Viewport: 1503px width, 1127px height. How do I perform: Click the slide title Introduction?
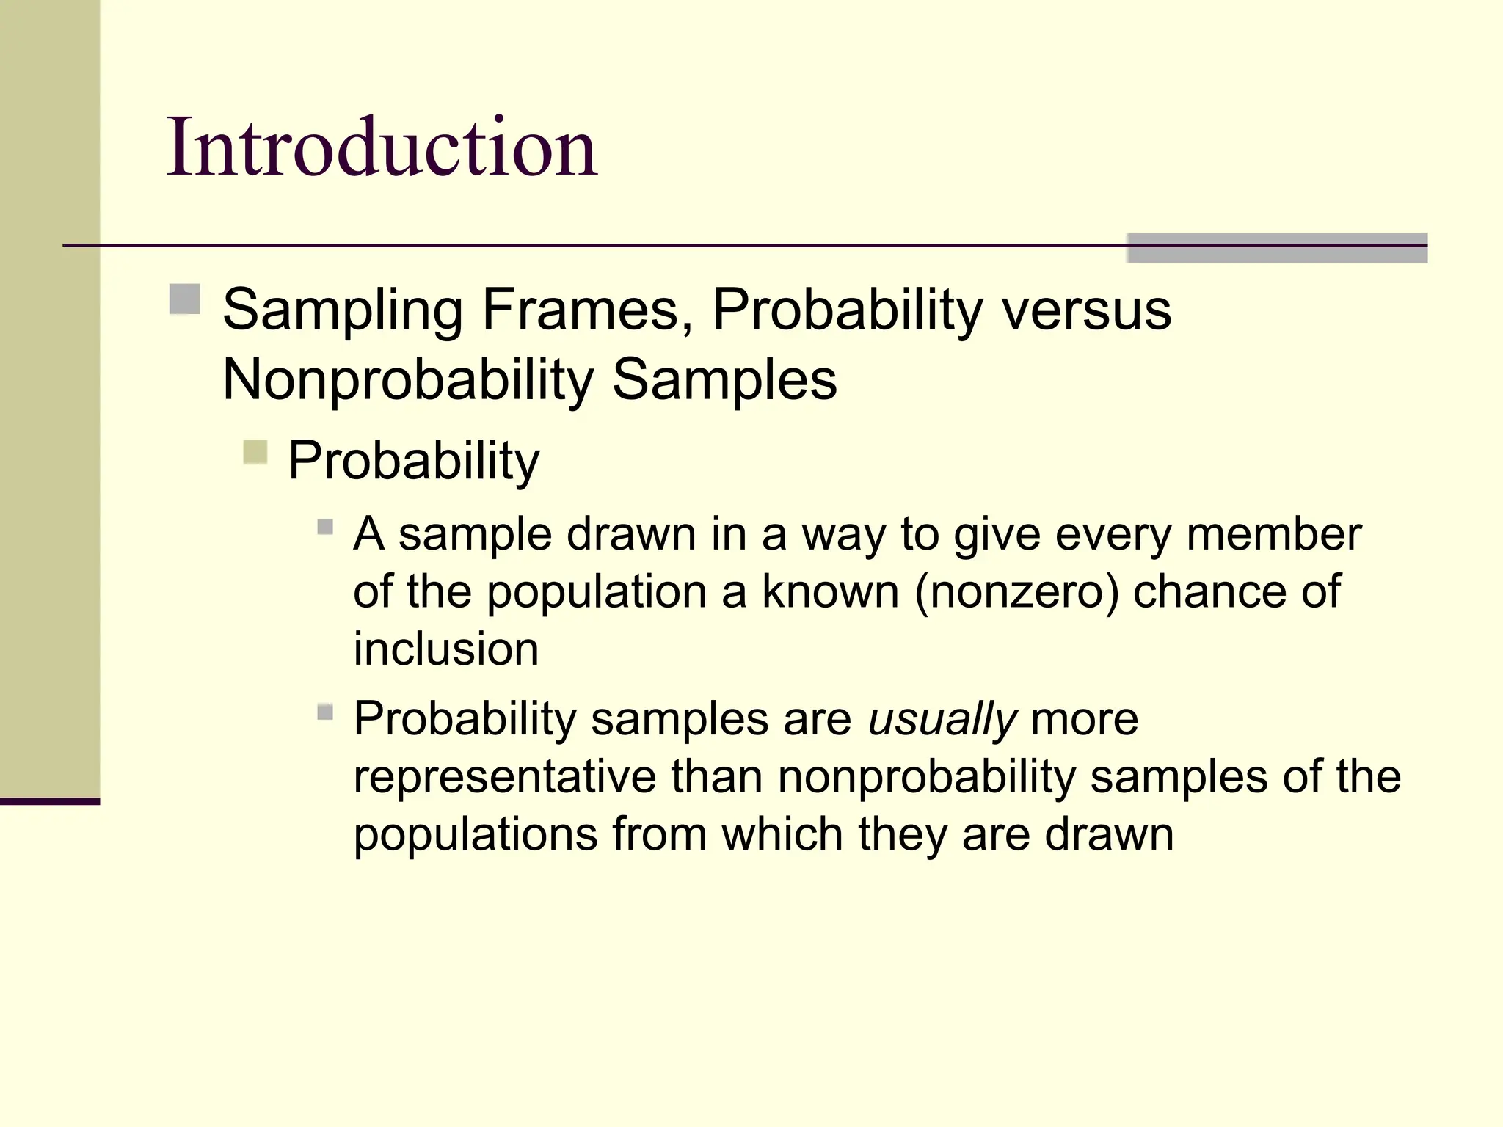tap(382, 148)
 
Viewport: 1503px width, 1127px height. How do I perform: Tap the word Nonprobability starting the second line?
tap(407, 380)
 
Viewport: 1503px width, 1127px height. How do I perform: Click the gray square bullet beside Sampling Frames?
tap(185, 299)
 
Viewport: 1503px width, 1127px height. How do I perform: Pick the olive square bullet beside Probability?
tap(255, 451)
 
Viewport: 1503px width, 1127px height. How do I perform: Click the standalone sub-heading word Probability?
tap(413, 462)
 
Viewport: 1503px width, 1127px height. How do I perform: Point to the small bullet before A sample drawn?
tap(325, 527)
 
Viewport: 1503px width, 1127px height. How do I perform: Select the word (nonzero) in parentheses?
tap(1016, 591)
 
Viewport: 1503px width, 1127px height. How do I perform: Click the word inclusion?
tap(445, 649)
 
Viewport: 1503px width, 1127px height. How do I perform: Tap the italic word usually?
tap(942, 719)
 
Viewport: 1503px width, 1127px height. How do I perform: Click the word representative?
tap(504, 777)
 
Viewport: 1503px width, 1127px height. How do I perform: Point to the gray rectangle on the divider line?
tap(1276, 248)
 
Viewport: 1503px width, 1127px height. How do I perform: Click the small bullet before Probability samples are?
tap(325, 712)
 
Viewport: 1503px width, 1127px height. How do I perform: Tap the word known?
tap(830, 591)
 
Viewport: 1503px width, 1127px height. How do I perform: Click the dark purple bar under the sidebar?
tap(49, 801)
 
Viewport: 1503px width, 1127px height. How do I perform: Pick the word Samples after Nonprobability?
tap(724, 380)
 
